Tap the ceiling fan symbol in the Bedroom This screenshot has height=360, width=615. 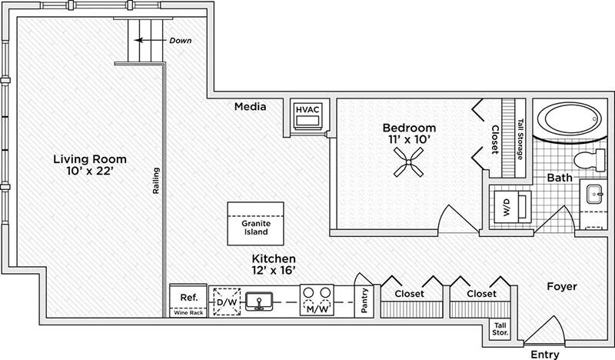tap(405, 162)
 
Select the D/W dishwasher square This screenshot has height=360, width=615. tap(228, 301)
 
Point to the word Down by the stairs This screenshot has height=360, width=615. tap(181, 40)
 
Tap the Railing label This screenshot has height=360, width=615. tap(155, 182)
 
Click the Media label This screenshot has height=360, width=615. tap(251, 106)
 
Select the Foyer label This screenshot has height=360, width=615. tap(562, 286)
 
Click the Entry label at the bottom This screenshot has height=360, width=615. tap(547, 354)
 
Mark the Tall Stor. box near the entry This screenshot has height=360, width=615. tap(500, 329)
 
